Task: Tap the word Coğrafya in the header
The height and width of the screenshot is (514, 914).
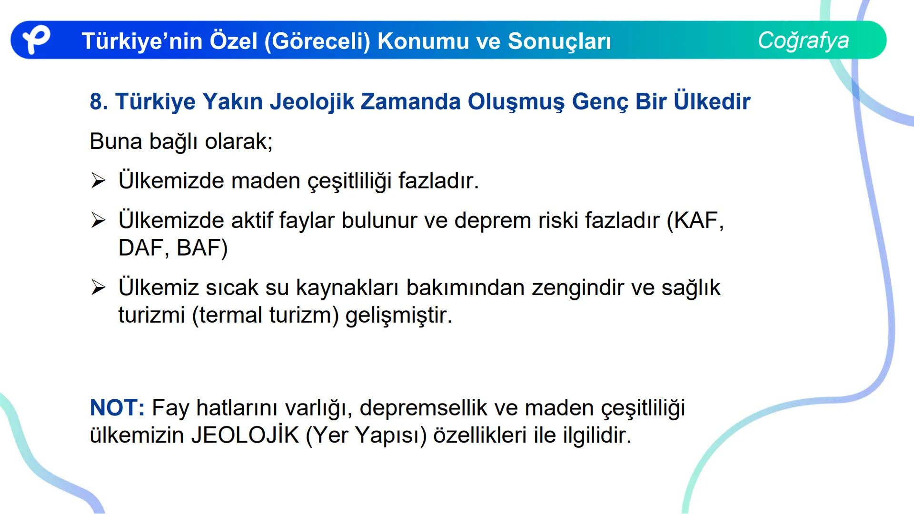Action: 803,40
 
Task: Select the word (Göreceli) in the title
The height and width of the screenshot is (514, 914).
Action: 317,41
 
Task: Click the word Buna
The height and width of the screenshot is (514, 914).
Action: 116,141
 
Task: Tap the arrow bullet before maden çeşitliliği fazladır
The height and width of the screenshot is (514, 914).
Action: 98,181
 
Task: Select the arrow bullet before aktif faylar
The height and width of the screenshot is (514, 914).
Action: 98,220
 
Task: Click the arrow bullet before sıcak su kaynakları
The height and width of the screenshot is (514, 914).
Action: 98,287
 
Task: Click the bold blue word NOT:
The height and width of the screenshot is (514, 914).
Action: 117,408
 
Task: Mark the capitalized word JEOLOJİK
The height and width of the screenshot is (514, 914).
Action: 245,435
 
